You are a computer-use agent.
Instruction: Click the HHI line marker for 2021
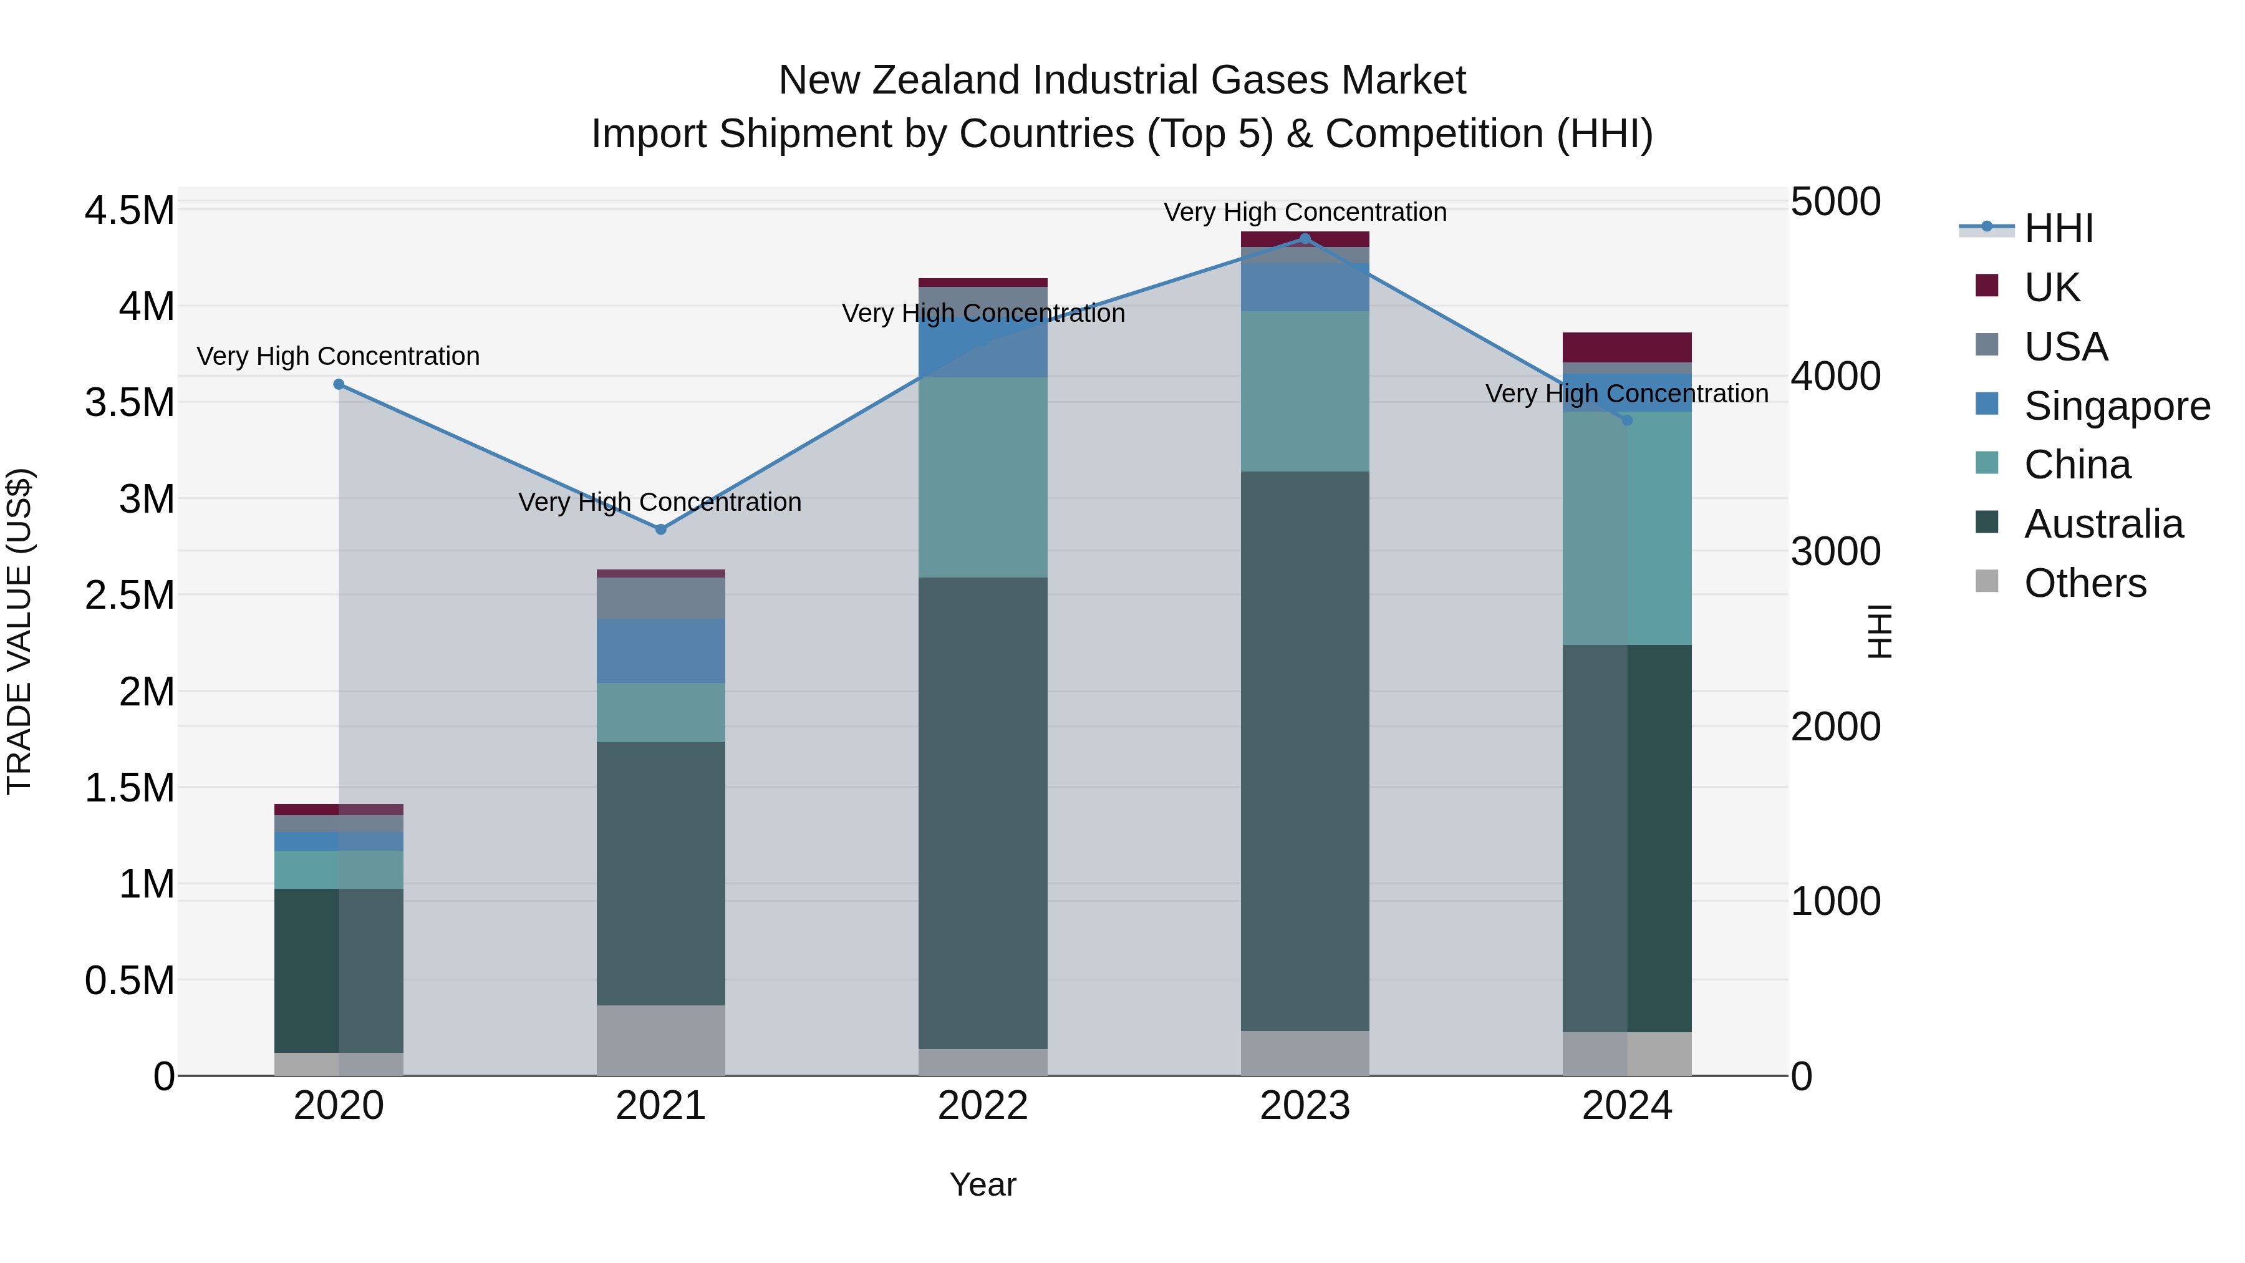[660, 529]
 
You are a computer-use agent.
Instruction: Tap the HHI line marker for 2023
[1305, 238]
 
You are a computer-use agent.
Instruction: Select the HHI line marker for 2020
[339, 384]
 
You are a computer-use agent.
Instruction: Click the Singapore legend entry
[2116, 406]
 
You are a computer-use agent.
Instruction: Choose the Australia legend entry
[2103, 524]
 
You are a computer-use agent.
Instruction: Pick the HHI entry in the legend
[2058, 228]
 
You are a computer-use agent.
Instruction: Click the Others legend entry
[2085, 583]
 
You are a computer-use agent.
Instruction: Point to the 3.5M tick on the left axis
[129, 403]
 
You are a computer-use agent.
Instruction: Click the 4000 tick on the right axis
[1835, 377]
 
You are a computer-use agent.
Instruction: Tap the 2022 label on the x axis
[982, 1106]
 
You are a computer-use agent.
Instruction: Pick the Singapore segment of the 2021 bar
[660, 651]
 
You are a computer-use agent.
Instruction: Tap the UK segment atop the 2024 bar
[1626, 347]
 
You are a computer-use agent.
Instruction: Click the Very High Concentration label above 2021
[660, 502]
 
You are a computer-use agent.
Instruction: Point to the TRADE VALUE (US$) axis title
[19, 631]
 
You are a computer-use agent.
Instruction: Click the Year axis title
[982, 1184]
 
